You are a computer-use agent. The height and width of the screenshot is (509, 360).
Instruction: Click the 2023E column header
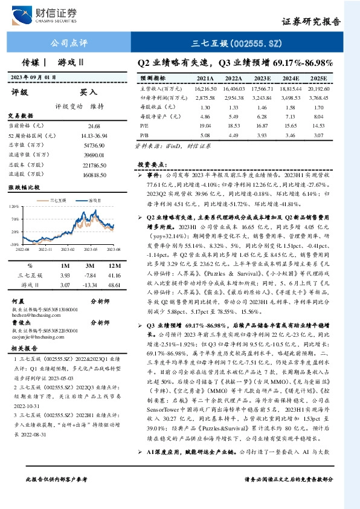(261, 79)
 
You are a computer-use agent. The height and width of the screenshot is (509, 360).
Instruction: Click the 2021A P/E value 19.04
(205, 125)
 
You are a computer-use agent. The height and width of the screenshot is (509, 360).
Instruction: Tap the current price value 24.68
(94, 125)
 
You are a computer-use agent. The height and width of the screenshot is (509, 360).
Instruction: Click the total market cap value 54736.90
(94, 146)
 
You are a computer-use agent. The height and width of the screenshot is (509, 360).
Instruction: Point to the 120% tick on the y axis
(13, 206)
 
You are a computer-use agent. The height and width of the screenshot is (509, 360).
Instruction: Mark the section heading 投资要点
(152, 164)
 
